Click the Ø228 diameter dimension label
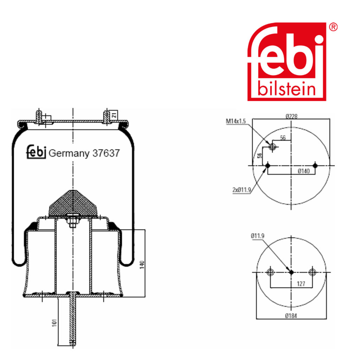[x=291, y=116]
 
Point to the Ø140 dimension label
[x=303, y=171]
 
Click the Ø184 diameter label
[x=291, y=315]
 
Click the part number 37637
[x=106, y=153]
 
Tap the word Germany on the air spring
[x=69, y=154]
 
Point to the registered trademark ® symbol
[x=333, y=27]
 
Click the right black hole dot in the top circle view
[x=315, y=166]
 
